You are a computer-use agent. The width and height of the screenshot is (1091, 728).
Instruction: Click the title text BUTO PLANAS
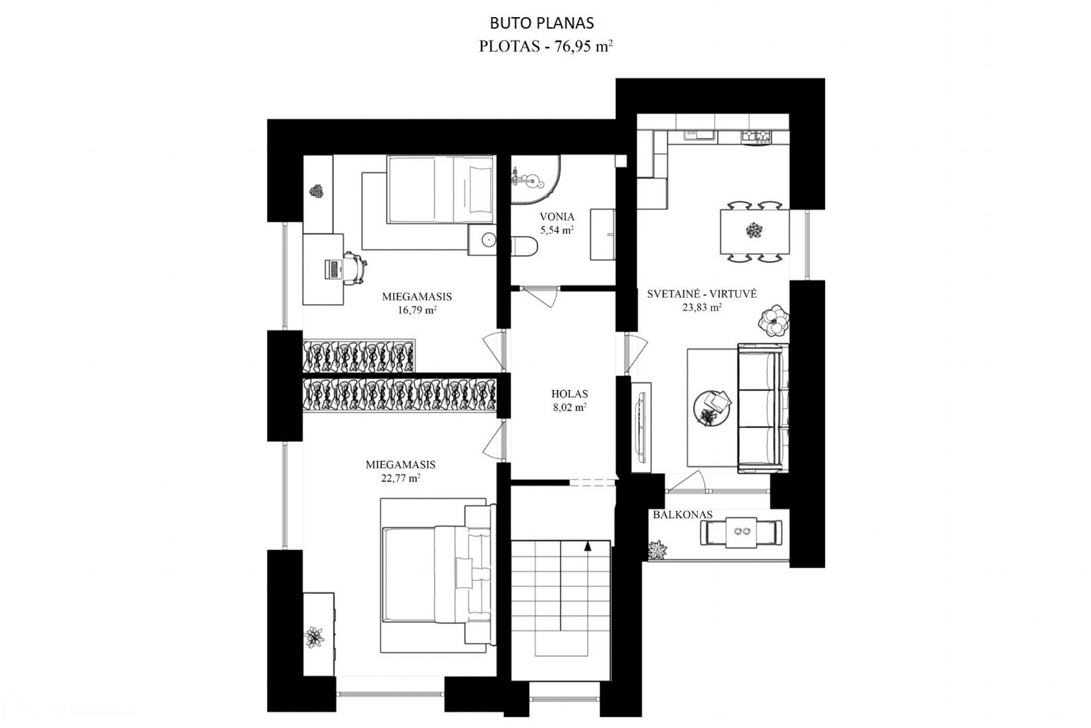(541, 23)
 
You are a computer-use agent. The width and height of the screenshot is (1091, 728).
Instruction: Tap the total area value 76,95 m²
(583, 47)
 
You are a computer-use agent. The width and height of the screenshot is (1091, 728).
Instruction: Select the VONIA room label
(557, 217)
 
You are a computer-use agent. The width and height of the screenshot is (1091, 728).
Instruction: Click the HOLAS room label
(569, 394)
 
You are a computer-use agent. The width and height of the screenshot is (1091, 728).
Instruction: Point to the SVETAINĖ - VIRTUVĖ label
(702, 294)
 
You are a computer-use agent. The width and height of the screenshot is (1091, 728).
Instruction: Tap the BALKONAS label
(682, 515)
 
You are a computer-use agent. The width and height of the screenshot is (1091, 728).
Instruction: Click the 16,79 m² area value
(417, 311)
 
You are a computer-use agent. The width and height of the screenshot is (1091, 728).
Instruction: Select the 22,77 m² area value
(400, 478)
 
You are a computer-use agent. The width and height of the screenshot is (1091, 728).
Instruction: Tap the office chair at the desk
(356, 268)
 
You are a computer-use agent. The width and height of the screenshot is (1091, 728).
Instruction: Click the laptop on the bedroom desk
(333, 269)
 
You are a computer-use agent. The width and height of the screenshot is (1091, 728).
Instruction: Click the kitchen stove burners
(756, 136)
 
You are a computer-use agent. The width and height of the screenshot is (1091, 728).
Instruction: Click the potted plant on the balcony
(658, 550)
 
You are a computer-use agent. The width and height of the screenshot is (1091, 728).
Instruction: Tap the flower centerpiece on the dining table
(753, 231)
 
